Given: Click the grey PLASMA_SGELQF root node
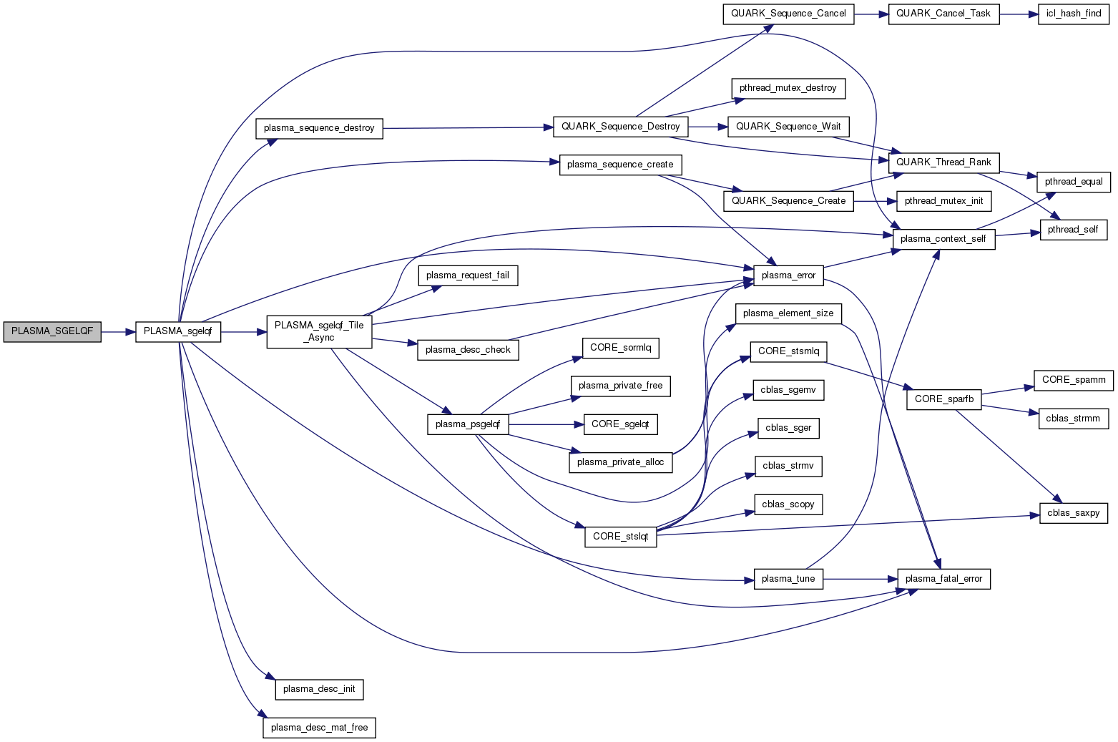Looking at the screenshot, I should [52, 332].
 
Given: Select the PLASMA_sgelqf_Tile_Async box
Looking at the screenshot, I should [319, 331].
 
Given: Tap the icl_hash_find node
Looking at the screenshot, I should [1074, 14].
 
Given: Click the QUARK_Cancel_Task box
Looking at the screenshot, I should [943, 14].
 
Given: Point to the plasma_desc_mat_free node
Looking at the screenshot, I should [319, 728].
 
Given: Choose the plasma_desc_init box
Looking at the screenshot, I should [319, 689].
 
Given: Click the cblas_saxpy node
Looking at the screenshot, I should [1073, 513].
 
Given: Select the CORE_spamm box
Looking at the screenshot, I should [1073, 380].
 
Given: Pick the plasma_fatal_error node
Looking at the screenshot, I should [943, 579].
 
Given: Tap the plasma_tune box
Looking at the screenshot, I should [788, 579].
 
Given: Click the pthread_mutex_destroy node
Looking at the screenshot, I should [788, 88].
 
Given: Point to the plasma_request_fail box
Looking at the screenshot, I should [468, 275].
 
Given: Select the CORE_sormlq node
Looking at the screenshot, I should [620, 348].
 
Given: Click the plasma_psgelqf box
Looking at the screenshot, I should [468, 424].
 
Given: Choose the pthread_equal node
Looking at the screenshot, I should [1073, 182].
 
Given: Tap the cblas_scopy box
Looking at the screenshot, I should [788, 504].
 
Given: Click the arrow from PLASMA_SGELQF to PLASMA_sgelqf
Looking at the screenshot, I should [118, 332].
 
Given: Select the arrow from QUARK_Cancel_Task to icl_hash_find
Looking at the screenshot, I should [1019, 14].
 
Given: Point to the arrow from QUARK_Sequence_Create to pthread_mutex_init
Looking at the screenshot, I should [876, 201].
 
